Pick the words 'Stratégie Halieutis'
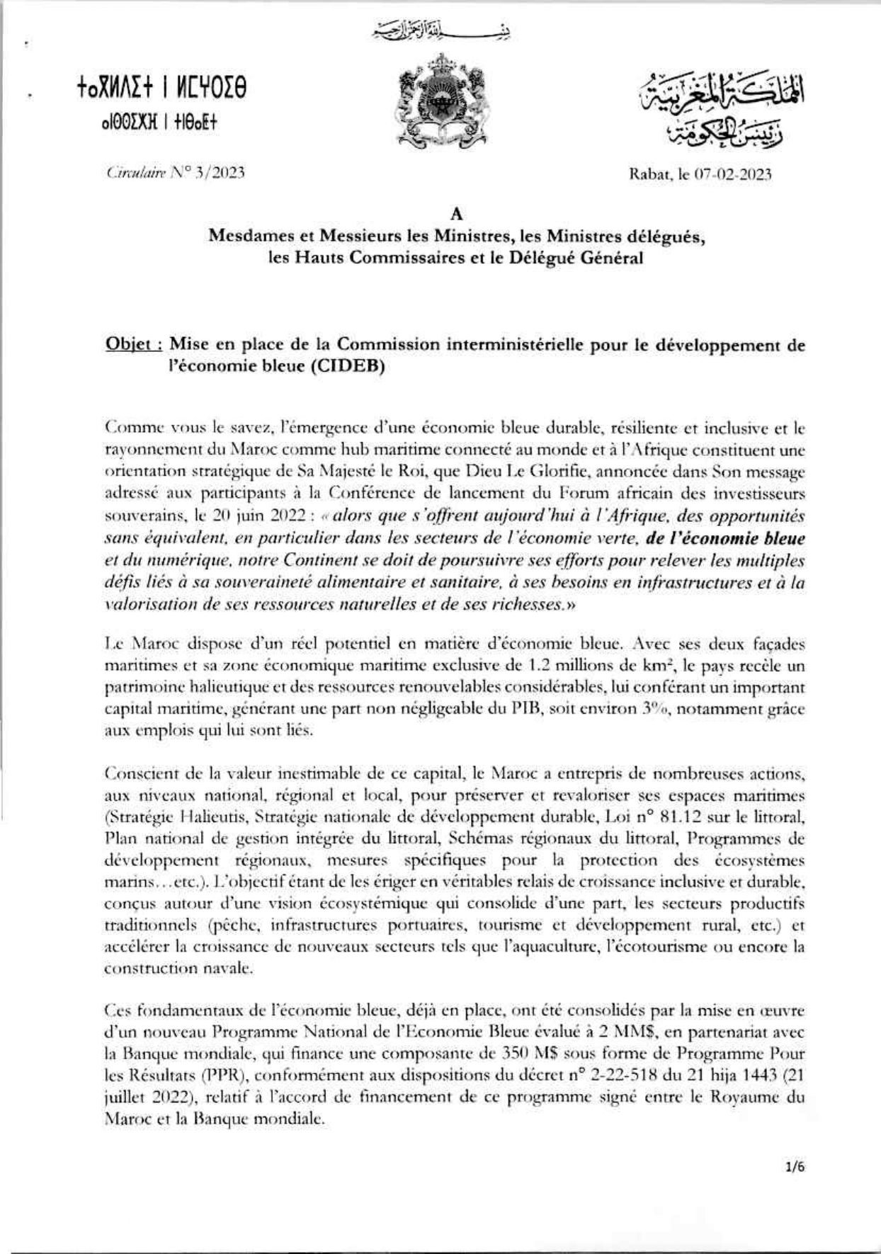pyautogui.click(x=171, y=817)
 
